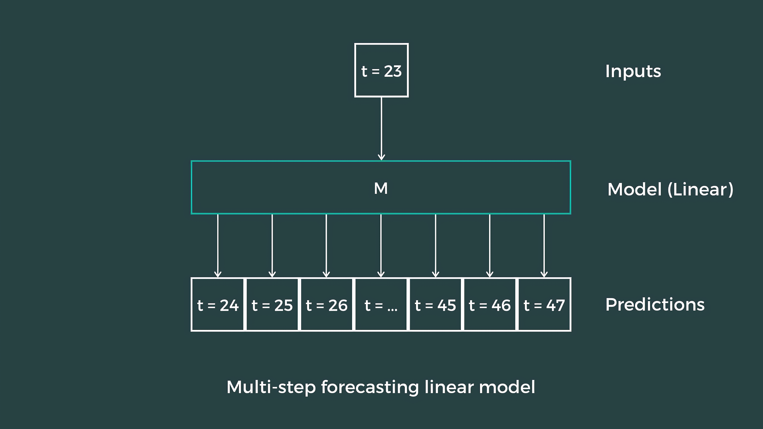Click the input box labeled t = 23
[381, 70]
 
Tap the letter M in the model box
[381, 188]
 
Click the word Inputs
[633, 71]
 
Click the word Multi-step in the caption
[271, 387]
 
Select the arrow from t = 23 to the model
[381, 129]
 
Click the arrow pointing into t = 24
[218, 246]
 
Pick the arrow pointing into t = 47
[544, 246]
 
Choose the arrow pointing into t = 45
[435, 246]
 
